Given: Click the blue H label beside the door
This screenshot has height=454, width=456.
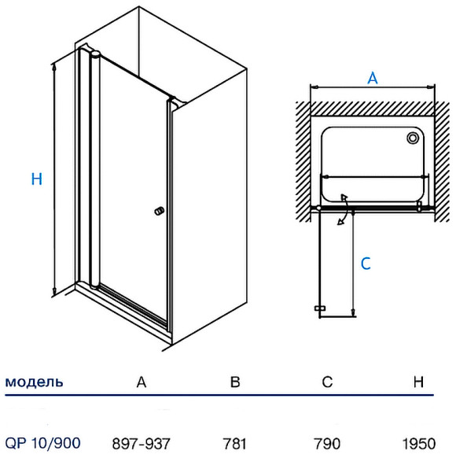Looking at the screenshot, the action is click(37, 179).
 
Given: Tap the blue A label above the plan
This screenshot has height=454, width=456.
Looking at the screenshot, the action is click(373, 78).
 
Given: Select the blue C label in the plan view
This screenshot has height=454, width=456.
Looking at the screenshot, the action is click(366, 264).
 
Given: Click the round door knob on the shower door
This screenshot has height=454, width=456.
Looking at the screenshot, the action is click(159, 211).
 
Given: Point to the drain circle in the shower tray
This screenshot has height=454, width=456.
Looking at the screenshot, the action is click(413, 138).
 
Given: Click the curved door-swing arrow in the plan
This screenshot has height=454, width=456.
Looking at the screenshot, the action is click(344, 209).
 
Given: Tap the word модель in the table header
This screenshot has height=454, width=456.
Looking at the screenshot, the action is click(34, 382).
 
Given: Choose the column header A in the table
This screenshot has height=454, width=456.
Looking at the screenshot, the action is click(142, 382).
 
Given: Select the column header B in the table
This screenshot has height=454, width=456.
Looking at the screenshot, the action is click(235, 382).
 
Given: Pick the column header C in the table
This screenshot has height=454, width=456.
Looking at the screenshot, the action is click(327, 382).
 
